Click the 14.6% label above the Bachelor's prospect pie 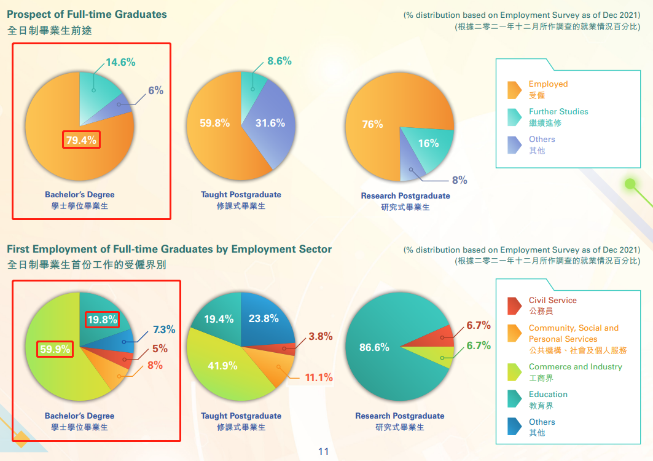tap(120, 62)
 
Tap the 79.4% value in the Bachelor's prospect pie tap(81, 140)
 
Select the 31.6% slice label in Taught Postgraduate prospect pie tap(270, 123)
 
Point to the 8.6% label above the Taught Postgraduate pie tap(280, 61)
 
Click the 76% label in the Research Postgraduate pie tap(372, 124)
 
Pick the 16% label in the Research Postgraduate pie tap(428, 143)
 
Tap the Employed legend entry tap(548, 84)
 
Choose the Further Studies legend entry tap(558, 112)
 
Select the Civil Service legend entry tap(552, 301)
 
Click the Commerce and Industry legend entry tap(575, 367)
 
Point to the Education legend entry tap(548, 395)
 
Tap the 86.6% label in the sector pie tap(374, 347)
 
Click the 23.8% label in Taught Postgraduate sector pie tap(264, 318)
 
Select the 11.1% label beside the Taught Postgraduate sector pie tap(319, 377)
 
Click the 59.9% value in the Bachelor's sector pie tap(55, 349)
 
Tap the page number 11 tap(324, 452)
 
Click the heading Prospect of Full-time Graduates tap(87, 14)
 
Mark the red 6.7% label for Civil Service tap(479, 325)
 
